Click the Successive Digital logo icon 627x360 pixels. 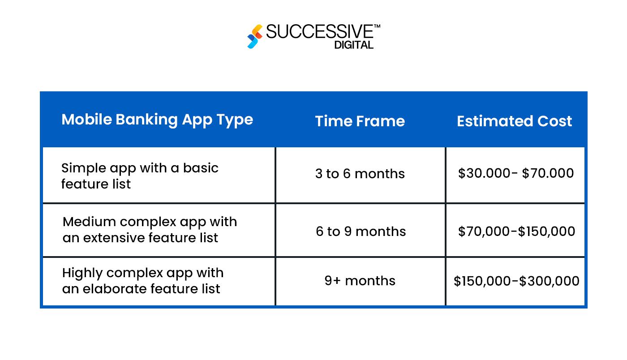[255, 36]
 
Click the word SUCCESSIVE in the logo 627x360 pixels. [319, 32]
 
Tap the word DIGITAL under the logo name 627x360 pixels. [354, 45]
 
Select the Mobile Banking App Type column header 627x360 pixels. [157, 120]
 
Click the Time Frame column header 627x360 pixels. [360, 121]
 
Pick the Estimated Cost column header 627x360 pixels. [514, 121]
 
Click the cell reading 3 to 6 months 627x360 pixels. [360, 174]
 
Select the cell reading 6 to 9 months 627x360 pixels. [361, 231]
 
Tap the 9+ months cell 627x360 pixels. [360, 281]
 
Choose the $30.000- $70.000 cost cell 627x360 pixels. [515, 173]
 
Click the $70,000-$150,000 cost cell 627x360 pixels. [516, 231]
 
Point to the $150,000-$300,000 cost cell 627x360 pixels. [516, 281]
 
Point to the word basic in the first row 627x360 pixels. [201, 168]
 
